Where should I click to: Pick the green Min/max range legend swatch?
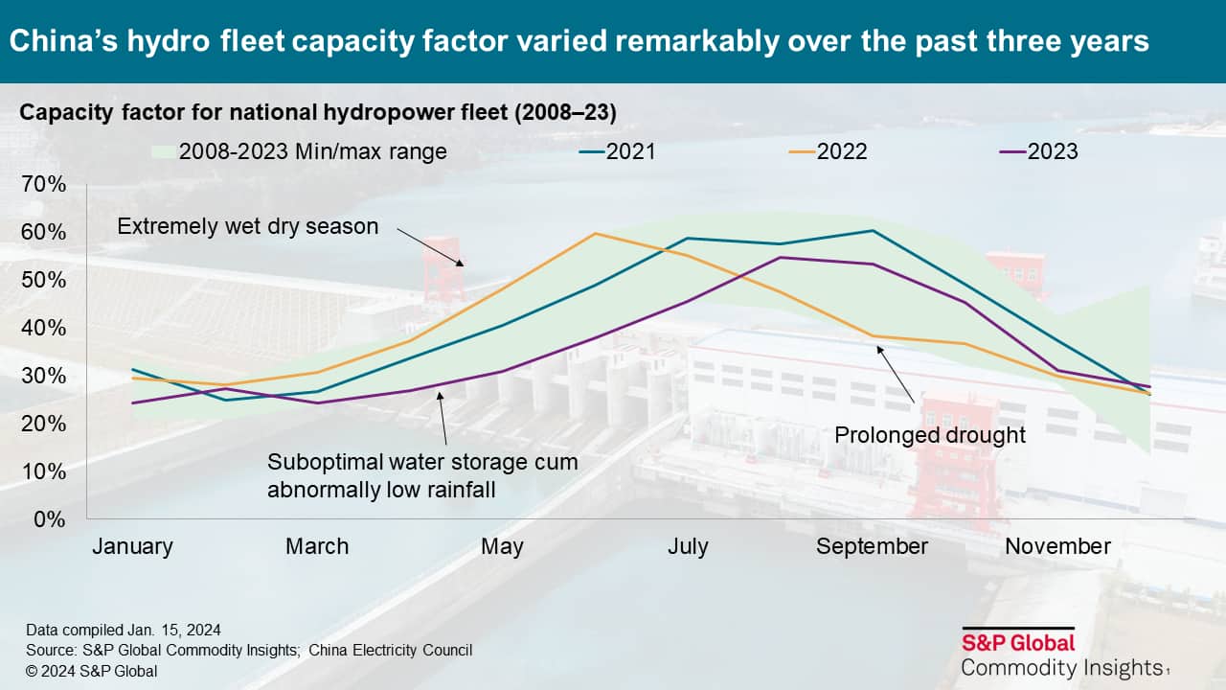tap(162, 151)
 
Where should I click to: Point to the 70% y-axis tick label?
tap(44, 185)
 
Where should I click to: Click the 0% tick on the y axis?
tap(50, 519)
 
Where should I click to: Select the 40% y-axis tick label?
tap(44, 328)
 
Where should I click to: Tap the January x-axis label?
tap(132, 546)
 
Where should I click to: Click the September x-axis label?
tap(872, 546)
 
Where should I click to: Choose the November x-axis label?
tap(1057, 546)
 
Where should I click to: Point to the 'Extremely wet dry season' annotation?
tap(248, 227)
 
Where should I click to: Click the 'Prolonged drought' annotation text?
tap(930, 435)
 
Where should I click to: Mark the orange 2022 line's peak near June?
tap(595, 233)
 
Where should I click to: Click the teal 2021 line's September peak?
tap(873, 231)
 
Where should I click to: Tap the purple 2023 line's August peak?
tap(781, 257)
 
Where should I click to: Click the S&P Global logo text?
tap(1018, 642)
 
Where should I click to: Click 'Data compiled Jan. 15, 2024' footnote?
tap(124, 630)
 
